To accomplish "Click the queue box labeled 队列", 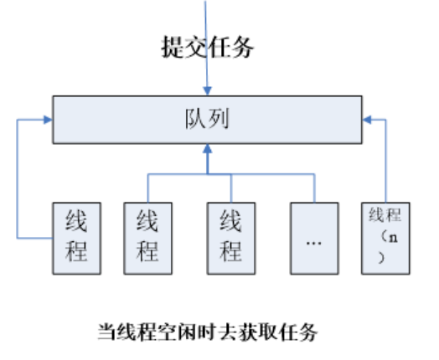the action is pos(207,120).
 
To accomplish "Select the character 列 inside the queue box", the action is pos(219,119).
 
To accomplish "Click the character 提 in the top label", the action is pos(173,47).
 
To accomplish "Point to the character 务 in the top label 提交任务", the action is pos(242,47).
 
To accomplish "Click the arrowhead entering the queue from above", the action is pos(207,91).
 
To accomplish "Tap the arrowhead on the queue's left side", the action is pos(48,120).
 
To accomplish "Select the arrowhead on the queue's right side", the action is pos(367,120).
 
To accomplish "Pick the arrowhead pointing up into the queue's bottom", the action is pos(207,148).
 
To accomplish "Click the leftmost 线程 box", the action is pos(77,239).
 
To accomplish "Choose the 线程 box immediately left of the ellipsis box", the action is pos(231,239).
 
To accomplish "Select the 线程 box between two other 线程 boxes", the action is pos(147,239).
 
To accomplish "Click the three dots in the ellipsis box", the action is pos(314,243).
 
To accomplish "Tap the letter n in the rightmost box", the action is pos(394,238).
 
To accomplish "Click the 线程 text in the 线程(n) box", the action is pos(385,215).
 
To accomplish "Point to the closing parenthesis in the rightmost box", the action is pos(381,258).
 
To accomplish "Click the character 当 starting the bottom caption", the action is pos(107,332).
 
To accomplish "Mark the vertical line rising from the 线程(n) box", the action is pos(386,161).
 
